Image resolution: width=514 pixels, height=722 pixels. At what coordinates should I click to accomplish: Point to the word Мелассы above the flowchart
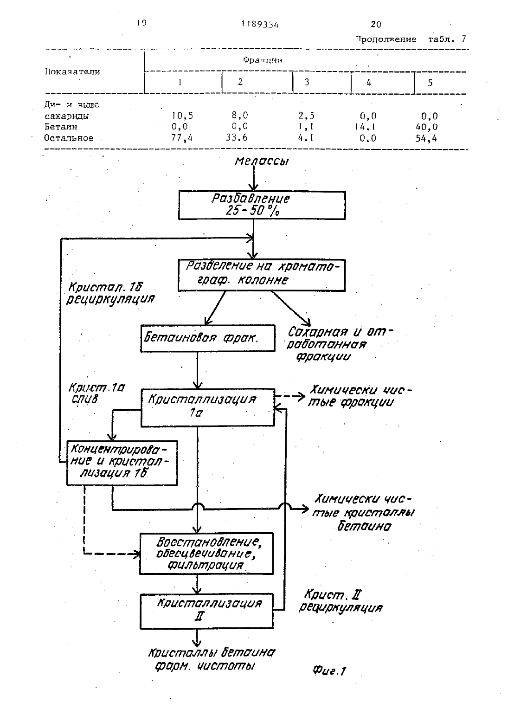[x=262, y=161]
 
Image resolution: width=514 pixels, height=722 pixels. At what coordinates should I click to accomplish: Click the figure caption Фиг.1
[x=329, y=671]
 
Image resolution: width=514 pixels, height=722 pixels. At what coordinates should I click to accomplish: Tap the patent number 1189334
[x=260, y=25]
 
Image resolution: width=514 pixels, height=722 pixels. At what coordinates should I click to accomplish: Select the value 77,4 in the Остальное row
[x=182, y=138]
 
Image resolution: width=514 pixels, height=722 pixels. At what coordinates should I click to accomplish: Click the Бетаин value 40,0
[x=426, y=127]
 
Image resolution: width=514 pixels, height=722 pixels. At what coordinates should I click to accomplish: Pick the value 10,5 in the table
[x=182, y=116]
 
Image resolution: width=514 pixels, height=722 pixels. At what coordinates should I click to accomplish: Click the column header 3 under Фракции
[x=307, y=82]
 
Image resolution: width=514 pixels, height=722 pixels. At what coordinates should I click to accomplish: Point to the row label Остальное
[x=69, y=138]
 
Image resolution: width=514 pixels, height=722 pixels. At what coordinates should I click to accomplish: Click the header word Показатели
[x=72, y=71]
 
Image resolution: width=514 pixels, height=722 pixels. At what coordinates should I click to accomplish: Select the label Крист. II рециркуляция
[x=341, y=600]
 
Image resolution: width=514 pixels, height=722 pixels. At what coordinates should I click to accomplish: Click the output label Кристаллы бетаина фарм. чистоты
[x=212, y=659]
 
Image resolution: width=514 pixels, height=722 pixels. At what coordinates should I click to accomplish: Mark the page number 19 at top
[x=141, y=23]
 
